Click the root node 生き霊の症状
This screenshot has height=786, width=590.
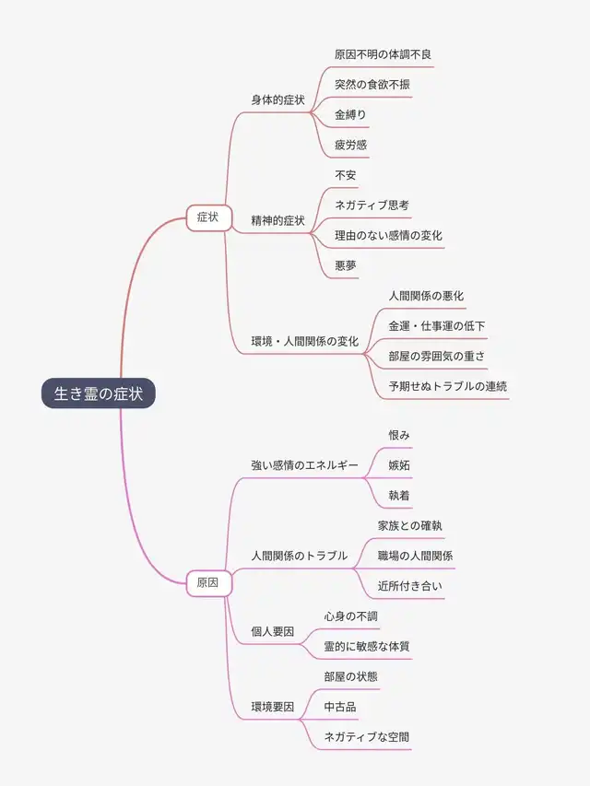[99, 393]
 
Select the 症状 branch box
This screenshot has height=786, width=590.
[208, 217]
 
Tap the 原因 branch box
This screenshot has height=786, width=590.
[208, 582]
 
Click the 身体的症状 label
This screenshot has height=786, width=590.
[277, 99]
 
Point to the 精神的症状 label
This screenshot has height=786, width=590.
[277, 220]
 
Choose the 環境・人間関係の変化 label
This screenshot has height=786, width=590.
[305, 341]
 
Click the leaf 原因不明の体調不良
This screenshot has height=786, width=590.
[383, 54]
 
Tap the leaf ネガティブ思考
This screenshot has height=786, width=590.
[372, 205]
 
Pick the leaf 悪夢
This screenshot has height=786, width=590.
[346, 265]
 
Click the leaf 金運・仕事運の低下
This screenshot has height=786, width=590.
[437, 325]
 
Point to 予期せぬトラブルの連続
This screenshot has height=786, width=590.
[447, 386]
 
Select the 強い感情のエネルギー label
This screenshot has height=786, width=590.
[305, 465]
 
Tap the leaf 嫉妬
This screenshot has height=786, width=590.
[399, 465]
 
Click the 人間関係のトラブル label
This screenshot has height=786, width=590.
[300, 556]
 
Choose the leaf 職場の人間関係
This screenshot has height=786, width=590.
[415, 556]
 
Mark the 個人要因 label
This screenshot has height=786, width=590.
[273, 631]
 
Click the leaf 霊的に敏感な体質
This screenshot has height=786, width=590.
[367, 646]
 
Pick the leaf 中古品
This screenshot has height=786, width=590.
[340, 707]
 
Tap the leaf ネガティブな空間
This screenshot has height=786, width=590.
[367, 736]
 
